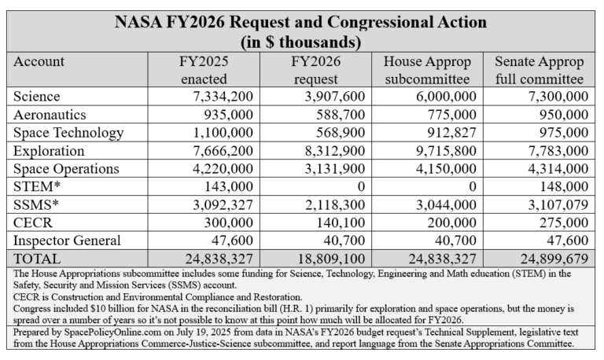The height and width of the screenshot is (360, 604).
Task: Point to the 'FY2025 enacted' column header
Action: click(x=201, y=70)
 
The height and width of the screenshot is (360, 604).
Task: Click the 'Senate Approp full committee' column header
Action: click(x=540, y=70)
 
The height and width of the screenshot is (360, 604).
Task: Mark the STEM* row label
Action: click(x=35, y=186)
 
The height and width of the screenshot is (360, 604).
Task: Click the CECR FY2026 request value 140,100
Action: click(x=335, y=222)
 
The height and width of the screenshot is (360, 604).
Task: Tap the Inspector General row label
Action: click(x=67, y=241)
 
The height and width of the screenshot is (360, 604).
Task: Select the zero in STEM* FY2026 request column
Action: click(x=365, y=186)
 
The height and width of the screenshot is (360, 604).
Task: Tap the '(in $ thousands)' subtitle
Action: click(x=302, y=41)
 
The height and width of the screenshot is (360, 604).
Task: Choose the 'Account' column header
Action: click(x=40, y=61)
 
